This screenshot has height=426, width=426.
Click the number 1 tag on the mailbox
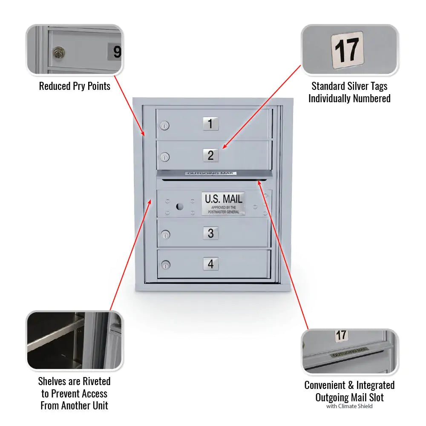(210, 124)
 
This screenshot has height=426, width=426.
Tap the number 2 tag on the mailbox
(210, 155)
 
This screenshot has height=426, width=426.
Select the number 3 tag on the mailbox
(210, 233)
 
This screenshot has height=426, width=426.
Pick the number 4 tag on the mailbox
(210, 264)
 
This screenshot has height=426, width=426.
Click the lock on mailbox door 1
(164, 126)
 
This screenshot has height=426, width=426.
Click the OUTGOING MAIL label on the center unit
(210, 173)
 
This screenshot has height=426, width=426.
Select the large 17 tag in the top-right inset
(347, 50)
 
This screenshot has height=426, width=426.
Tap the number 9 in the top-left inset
(116, 52)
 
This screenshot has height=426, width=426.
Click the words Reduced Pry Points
(75, 86)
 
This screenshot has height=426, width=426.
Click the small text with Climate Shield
(349, 406)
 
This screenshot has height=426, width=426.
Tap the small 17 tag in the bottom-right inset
(341, 335)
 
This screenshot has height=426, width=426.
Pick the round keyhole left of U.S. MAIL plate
(179, 207)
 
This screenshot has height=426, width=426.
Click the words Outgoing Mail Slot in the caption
(349, 397)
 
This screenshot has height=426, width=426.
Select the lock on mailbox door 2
(164, 157)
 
